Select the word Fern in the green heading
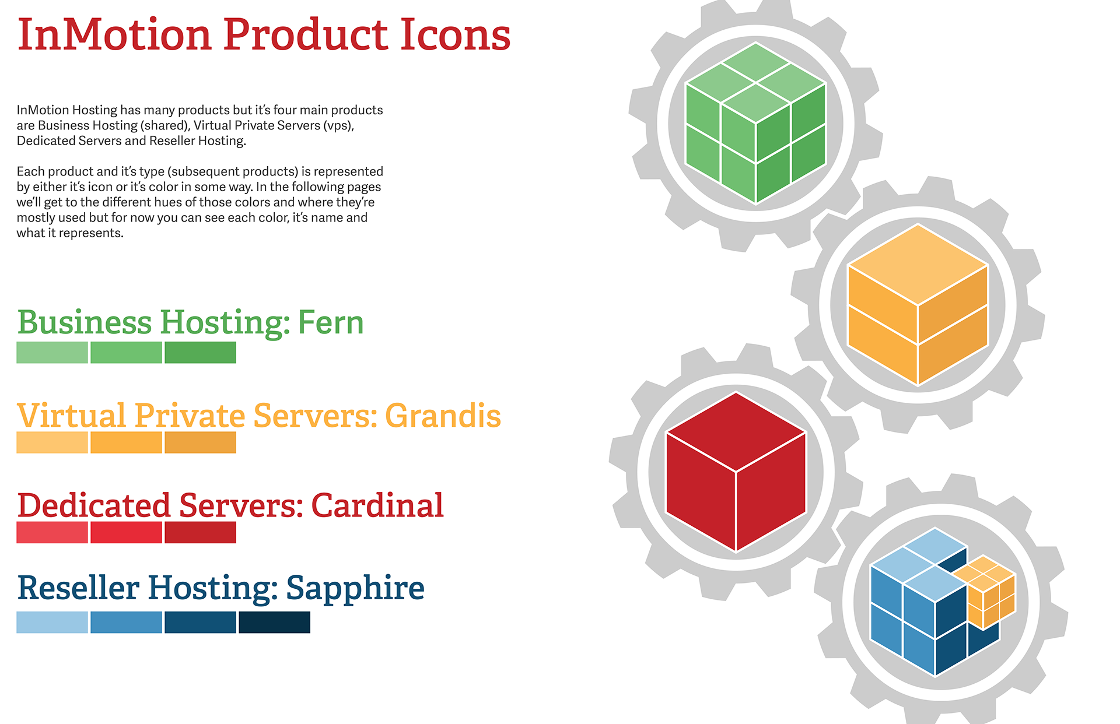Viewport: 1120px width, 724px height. pos(331,322)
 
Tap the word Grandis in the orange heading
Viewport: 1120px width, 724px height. pos(443,416)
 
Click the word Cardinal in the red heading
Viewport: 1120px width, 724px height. pos(377,505)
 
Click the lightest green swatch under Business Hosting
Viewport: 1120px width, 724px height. pos(52,353)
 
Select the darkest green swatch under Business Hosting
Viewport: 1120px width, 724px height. pos(200,353)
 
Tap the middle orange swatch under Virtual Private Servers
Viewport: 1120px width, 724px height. pos(126,442)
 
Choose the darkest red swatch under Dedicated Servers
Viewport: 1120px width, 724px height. pos(200,532)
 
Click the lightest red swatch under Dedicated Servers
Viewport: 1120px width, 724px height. pos(52,532)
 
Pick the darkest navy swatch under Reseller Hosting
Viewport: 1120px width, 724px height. pos(274,622)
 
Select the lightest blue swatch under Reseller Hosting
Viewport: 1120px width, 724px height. pos(52,622)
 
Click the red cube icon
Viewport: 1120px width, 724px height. pos(736,472)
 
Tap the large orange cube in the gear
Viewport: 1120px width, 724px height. pos(918,305)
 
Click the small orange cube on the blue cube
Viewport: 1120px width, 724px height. pos(985,592)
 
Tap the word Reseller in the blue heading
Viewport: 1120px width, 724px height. pos(78,588)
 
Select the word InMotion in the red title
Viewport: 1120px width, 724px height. pos(114,34)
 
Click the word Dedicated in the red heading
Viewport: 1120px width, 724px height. pos(94,505)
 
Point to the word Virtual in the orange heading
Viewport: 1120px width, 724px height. pos(72,416)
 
